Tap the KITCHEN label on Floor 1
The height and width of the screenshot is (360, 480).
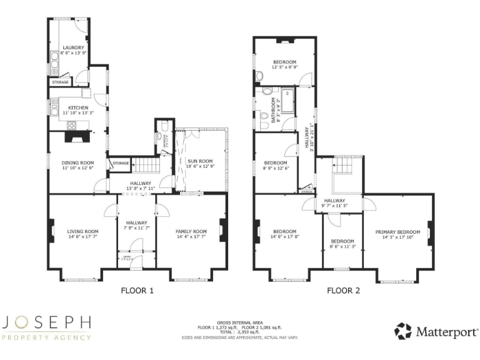(78, 107)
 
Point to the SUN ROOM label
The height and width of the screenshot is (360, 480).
(201, 161)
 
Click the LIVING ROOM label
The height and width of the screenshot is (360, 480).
(82, 231)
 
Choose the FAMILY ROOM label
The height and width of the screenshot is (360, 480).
(191, 231)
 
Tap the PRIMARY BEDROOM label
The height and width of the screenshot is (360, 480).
(397, 232)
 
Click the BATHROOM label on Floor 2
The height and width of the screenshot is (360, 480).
(273, 110)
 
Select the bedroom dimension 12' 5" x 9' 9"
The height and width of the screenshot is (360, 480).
(284, 67)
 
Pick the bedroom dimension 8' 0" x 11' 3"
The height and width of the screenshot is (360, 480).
(342, 246)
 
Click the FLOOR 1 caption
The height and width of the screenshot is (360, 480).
(137, 290)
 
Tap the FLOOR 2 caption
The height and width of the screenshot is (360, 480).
(343, 290)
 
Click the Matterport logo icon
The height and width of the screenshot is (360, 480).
(402, 331)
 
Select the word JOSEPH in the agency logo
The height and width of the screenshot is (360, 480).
(47, 323)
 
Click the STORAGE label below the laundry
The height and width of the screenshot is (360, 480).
(60, 82)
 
